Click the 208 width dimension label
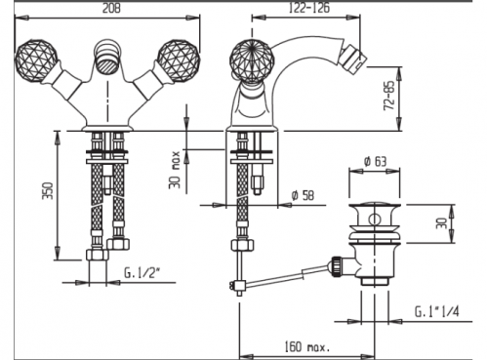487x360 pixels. [111, 8]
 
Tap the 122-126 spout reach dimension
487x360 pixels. [308, 8]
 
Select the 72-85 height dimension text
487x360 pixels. [389, 95]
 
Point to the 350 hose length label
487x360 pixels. [48, 191]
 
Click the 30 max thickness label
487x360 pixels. [175, 170]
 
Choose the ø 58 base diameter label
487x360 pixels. [303, 195]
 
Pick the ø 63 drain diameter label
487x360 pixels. [375, 161]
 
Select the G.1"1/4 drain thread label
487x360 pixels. [436, 312]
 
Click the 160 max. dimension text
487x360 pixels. [307, 346]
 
